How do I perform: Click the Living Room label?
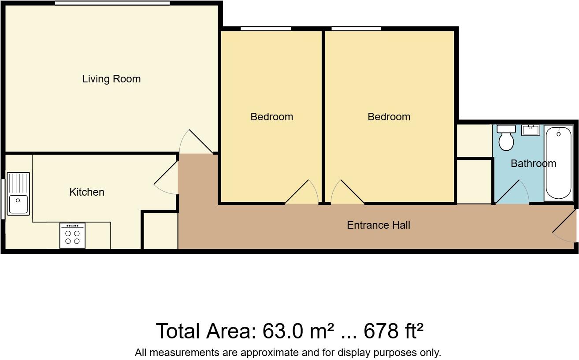[x=111, y=79]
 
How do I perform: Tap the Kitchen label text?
[x=87, y=192]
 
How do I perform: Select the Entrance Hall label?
[x=378, y=225]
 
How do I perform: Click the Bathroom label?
[x=533, y=163]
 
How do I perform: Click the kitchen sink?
[x=18, y=194]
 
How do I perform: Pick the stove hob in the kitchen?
[x=72, y=236]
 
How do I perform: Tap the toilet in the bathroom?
[x=506, y=138]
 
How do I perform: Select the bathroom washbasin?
[x=531, y=130]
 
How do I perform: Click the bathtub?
[x=559, y=163]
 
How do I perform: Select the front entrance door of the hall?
[x=565, y=226]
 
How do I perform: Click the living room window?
[x=112, y=3]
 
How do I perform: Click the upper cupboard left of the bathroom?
[x=474, y=141]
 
